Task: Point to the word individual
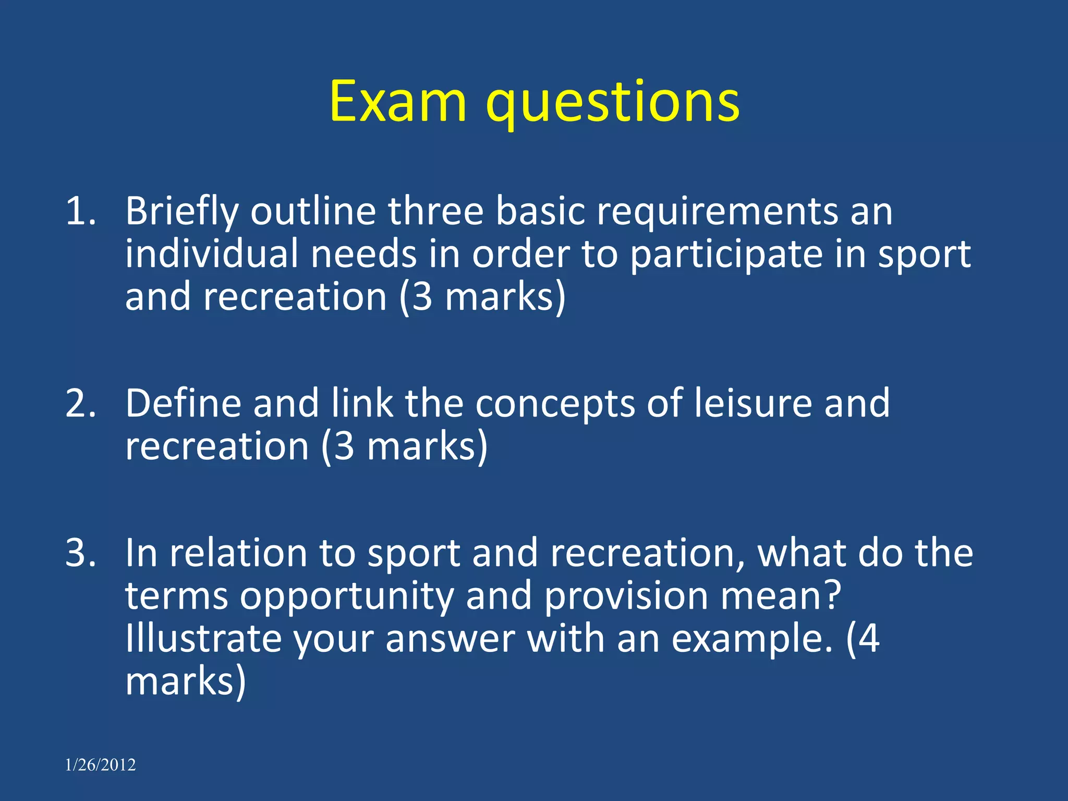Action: tap(212, 254)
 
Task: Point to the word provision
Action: tap(626, 596)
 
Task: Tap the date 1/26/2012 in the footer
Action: tap(100, 765)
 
